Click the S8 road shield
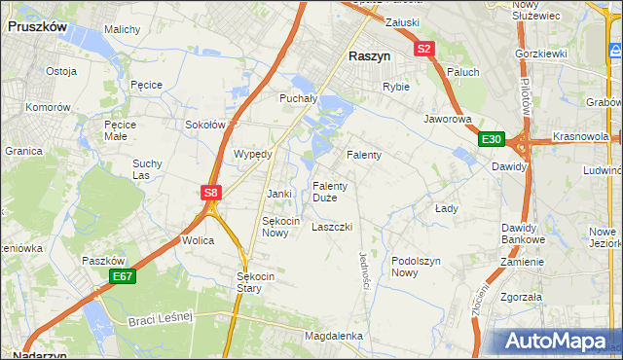[x=211, y=193]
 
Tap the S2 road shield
[x=423, y=48]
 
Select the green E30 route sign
[x=492, y=140]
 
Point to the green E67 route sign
[x=122, y=277]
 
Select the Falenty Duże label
[x=325, y=192]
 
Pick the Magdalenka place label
[x=333, y=336]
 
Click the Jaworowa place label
[x=447, y=120]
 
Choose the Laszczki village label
[x=331, y=227]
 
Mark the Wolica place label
[x=197, y=239]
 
